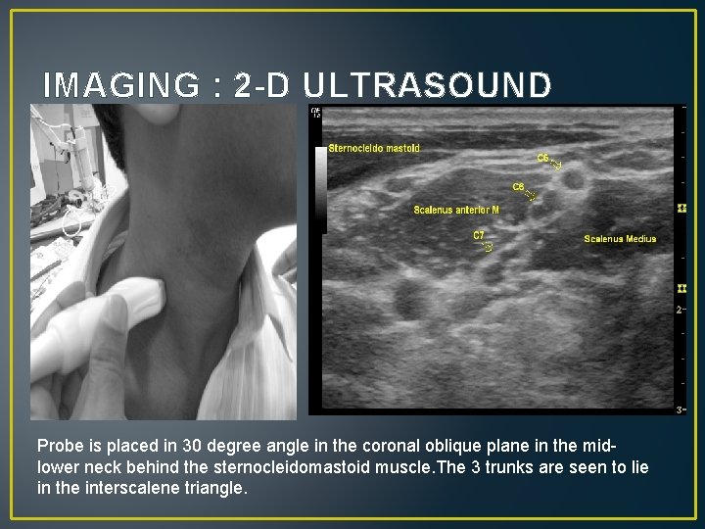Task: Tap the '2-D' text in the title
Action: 262,86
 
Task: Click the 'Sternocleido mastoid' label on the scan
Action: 374,148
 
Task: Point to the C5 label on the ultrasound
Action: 542,158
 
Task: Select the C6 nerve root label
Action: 519,186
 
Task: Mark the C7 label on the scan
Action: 479,235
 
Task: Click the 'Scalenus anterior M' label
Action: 456,210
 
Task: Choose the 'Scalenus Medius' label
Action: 620,238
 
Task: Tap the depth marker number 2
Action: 679,310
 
